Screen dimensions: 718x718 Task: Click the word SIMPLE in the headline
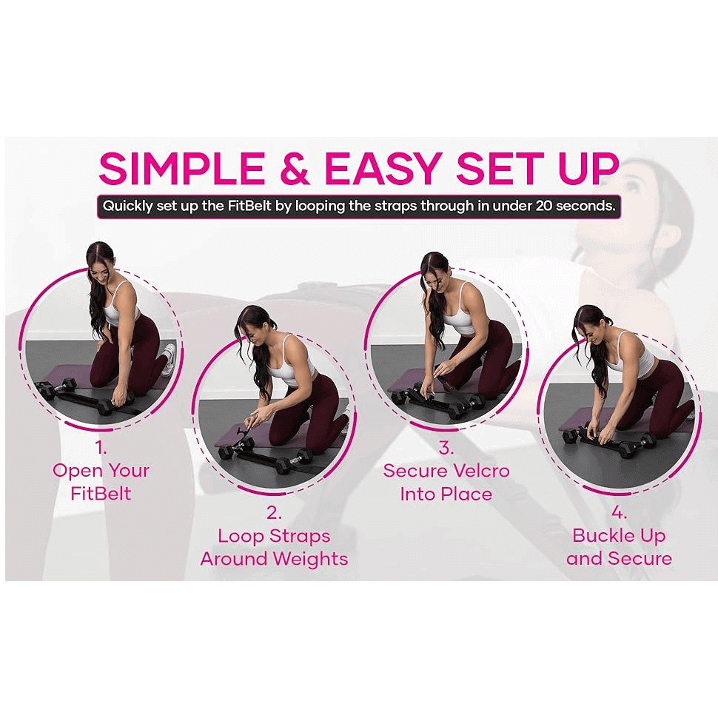[182, 168]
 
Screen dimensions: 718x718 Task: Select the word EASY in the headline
[383, 168]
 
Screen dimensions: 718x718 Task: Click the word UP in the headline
[588, 168]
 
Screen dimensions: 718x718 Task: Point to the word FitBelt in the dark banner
[250, 206]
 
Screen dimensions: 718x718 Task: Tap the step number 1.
[101, 447]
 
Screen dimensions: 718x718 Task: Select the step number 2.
[274, 513]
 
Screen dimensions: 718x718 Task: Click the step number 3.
[446, 447]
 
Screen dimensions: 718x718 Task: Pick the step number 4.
[619, 513]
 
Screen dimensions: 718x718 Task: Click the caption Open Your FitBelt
[101, 482]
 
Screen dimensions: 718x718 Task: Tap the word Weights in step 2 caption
[311, 559]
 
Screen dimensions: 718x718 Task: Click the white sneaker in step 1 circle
[169, 358]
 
